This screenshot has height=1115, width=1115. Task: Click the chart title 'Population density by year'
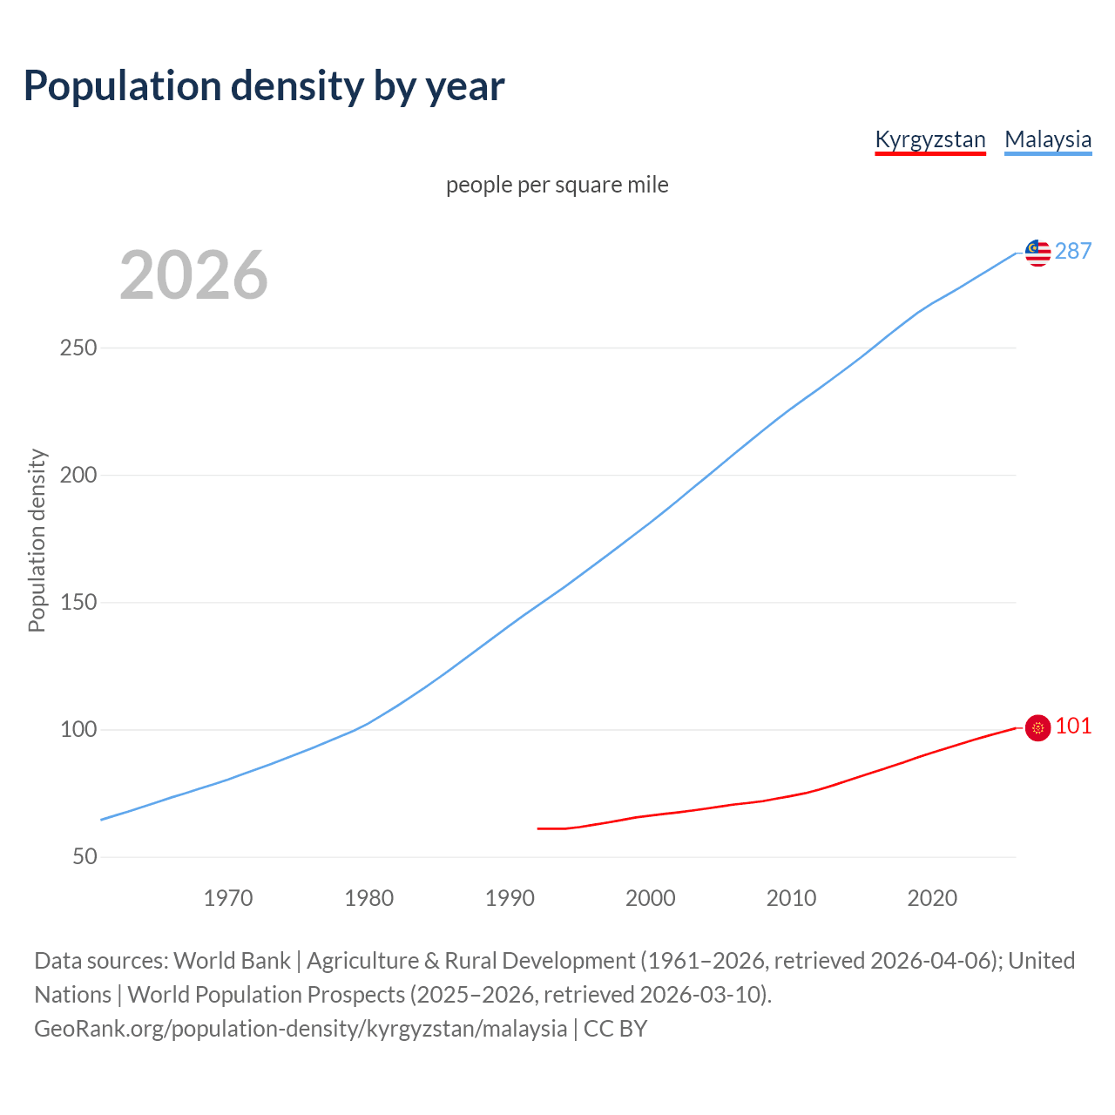tap(264, 86)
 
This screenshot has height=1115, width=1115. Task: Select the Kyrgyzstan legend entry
tap(929, 139)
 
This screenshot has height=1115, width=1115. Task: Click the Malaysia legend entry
tap(1047, 139)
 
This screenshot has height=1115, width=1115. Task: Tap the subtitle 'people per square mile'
tap(557, 186)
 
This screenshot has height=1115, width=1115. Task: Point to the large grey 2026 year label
tap(193, 275)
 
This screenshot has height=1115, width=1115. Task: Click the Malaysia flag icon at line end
tap(1037, 253)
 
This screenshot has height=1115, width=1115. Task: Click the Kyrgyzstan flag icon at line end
tap(1037, 727)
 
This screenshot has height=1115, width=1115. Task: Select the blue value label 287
tap(1072, 252)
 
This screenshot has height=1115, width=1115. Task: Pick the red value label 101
tap(1073, 726)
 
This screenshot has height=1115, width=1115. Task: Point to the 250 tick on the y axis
tap(78, 348)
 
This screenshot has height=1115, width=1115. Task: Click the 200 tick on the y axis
tap(78, 476)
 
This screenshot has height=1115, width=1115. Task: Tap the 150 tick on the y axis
tap(78, 603)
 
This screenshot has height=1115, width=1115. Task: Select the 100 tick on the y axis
tap(78, 730)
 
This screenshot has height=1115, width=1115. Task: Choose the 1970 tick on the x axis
tap(228, 898)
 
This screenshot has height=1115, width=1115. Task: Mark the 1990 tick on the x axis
tap(510, 898)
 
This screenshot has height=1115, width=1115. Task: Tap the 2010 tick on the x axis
tap(791, 898)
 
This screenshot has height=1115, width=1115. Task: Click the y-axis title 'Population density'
tap(37, 540)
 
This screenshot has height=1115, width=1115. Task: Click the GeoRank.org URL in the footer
tap(301, 1029)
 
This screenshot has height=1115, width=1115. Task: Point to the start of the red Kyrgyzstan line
tap(538, 828)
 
